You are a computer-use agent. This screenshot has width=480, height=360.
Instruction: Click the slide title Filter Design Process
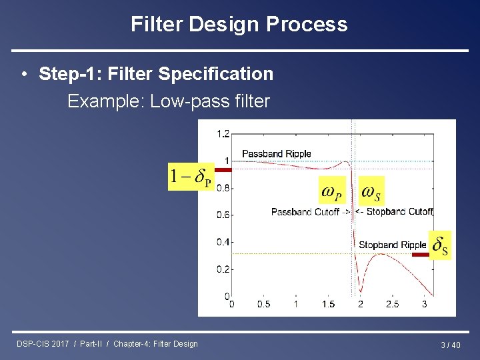point(239,25)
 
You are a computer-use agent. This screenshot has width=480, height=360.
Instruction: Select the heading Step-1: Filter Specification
point(156,73)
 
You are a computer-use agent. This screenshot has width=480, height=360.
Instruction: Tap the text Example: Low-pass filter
point(168,101)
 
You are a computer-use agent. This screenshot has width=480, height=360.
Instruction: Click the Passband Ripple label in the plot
point(276,154)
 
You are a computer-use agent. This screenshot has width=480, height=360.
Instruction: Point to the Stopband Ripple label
point(392,245)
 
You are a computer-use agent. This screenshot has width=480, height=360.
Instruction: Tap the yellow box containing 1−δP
point(190,177)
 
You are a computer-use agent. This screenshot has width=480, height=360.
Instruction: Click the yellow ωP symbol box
point(333,192)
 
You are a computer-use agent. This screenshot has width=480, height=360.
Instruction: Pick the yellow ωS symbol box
point(371,192)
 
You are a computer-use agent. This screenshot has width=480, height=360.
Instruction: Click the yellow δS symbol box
point(440,245)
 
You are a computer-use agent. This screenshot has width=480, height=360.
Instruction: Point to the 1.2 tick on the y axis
point(223,134)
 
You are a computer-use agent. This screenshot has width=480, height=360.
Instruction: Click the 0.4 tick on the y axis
point(223,242)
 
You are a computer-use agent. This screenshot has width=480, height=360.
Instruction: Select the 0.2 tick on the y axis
point(223,269)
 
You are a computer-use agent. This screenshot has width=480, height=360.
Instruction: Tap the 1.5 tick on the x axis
point(328,305)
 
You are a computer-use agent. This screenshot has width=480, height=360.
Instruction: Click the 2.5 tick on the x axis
point(392,305)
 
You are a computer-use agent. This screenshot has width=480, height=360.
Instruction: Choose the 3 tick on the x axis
point(425,305)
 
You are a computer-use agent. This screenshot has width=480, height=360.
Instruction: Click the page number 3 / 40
point(450,345)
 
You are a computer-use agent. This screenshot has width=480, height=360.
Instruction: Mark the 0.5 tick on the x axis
point(264,305)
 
